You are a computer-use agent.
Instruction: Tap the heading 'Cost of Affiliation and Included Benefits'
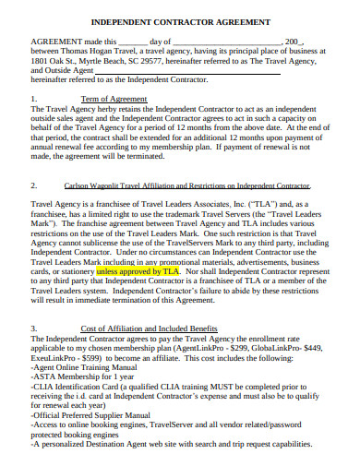pyautogui.click(x=149, y=328)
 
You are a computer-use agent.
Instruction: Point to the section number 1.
pyautogui.click(x=34, y=97)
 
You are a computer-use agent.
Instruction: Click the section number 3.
pyautogui.click(x=34, y=328)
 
